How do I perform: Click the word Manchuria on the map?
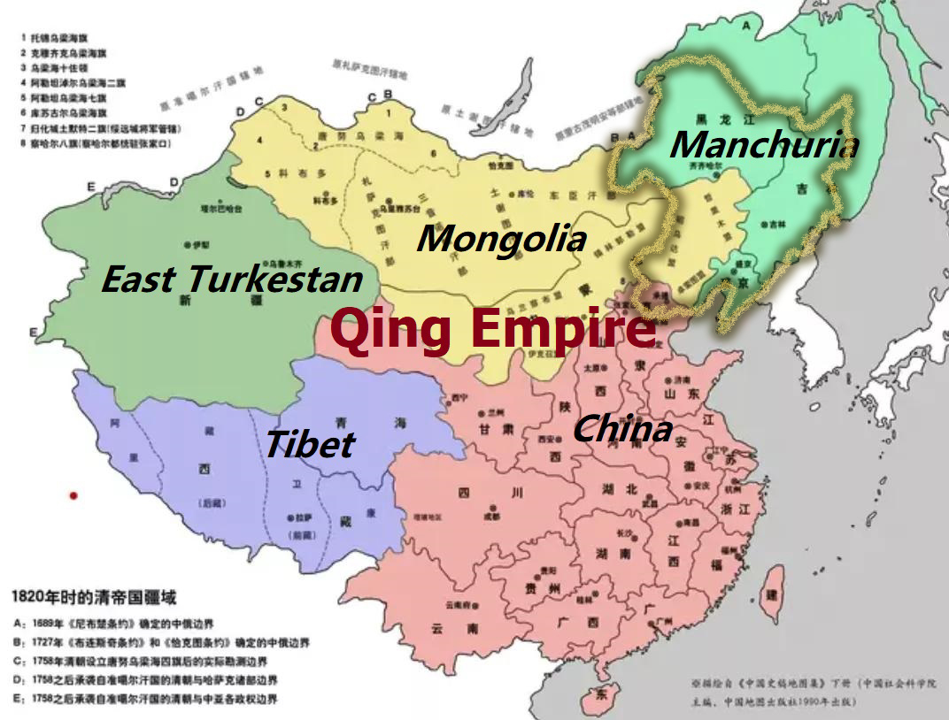(x=763, y=144)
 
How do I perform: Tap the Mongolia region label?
(x=501, y=238)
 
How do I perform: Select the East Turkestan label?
(x=232, y=280)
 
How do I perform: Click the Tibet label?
(x=310, y=444)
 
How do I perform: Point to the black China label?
(x=622, y=429)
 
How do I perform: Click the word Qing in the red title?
(x=393, y=329)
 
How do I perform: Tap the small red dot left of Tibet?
(x=74, y=495)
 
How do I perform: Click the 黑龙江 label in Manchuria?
(x=714, y=119)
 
